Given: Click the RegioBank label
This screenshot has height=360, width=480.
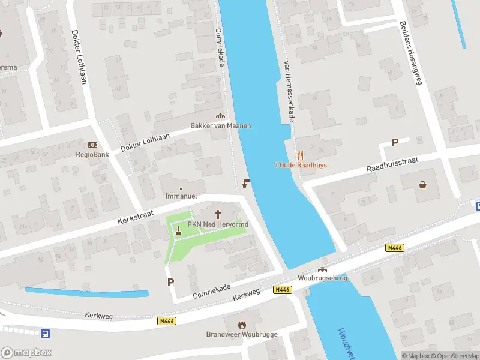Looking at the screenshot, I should point(92,154).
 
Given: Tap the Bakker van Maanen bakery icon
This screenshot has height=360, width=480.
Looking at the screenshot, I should point(220,116).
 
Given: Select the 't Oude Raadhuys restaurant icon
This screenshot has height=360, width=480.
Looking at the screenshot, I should point(300,155).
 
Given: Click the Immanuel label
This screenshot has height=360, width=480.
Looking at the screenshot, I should point(181,196).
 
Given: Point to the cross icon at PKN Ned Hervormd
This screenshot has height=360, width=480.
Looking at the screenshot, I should point(218,214).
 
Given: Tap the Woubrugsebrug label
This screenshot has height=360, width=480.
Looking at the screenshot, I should point(322,278).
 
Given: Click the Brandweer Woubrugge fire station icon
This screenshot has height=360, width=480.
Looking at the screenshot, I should point(243,325).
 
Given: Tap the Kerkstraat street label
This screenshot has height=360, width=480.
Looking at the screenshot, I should point(137,218).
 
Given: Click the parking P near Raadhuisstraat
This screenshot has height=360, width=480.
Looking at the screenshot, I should point(395,142).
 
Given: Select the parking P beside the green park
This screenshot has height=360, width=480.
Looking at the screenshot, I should point(171,281).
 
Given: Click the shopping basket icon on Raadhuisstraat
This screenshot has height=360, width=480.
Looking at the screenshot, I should point(424,184).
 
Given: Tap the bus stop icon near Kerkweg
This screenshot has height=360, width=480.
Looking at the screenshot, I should point(45,334).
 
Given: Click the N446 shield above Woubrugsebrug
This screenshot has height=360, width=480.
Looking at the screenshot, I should point(394,248).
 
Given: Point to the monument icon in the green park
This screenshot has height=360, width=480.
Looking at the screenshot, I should point(178,229).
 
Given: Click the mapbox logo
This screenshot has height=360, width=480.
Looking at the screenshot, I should point(26,353).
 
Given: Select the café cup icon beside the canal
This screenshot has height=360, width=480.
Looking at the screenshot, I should point(245,184).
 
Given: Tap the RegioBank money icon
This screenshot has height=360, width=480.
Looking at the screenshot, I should point(92,145).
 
